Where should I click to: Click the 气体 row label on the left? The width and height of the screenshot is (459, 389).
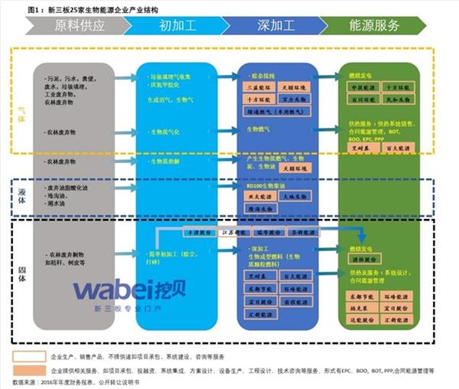pos(21,115)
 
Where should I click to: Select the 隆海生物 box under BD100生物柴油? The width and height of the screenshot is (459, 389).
pos(259,208)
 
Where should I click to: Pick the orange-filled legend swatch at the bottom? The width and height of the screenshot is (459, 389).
pos(29,370)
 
